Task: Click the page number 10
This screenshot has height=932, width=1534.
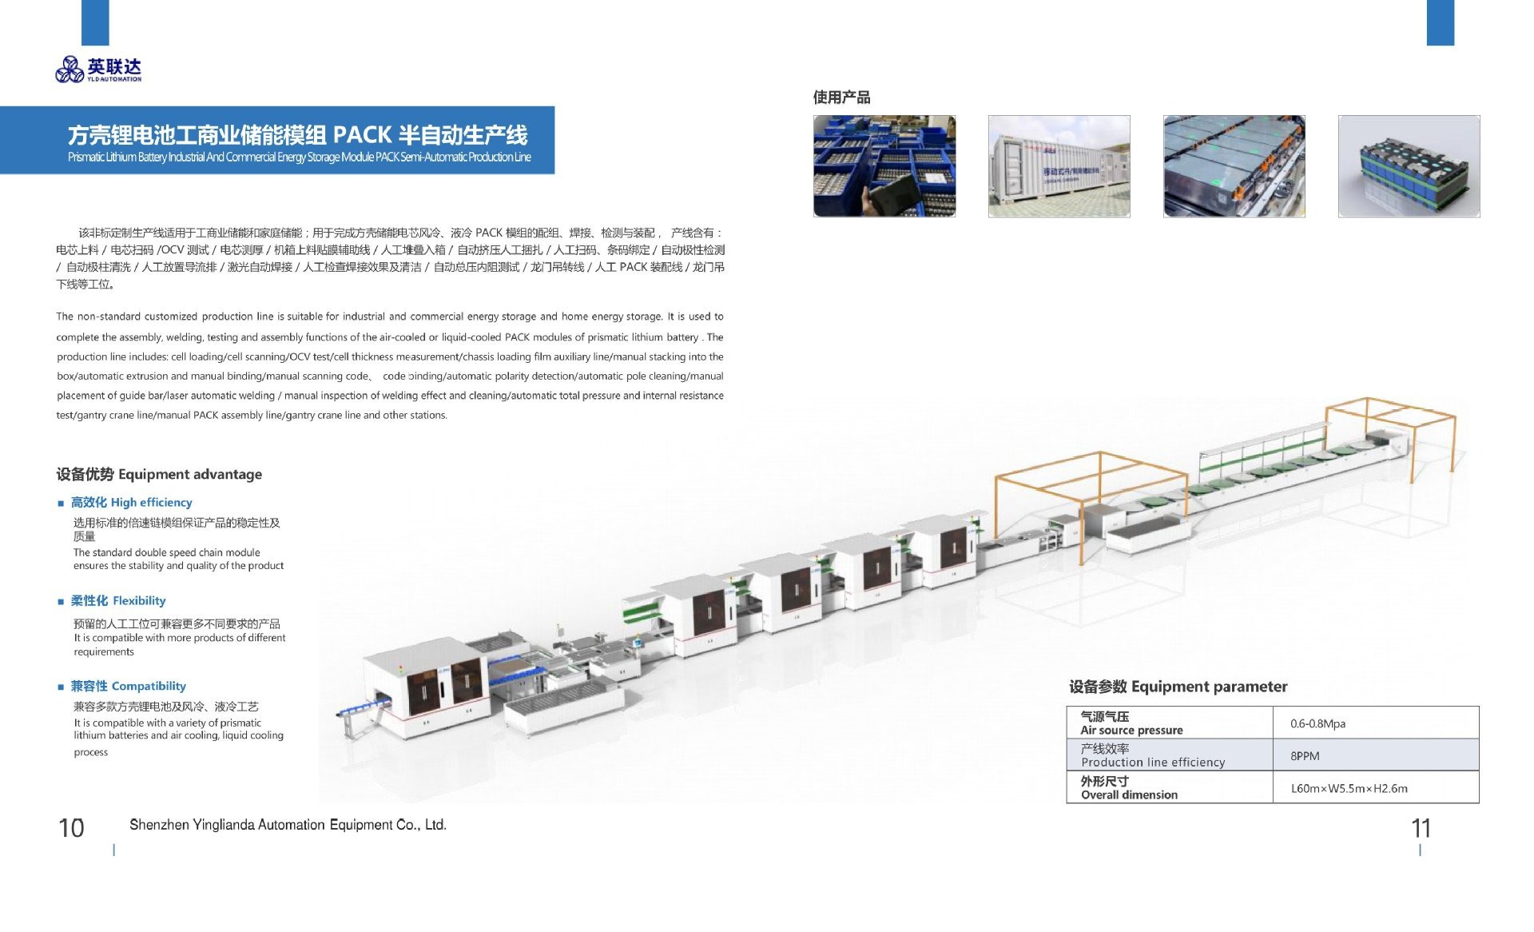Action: point(71,827)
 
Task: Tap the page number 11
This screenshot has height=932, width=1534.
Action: point(1421,828)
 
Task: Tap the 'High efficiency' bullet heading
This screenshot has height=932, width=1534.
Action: point(131,502)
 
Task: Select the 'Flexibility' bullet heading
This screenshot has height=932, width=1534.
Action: point(117,600)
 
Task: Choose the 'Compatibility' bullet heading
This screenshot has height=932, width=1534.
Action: point(128,686)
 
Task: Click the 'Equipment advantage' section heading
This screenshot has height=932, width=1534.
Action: point(158,474)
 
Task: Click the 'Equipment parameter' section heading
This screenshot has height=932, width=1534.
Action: point(1178,687)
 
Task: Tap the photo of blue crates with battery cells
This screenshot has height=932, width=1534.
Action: point(884,166)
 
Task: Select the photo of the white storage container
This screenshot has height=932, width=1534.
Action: point(1059,166)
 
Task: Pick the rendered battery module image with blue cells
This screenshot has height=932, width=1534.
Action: point(1409,166)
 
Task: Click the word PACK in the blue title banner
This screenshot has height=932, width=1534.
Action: point(362,134)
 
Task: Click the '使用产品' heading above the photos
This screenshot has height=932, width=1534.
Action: point(841,98)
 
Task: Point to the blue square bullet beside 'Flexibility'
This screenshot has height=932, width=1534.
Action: point(61,601)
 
